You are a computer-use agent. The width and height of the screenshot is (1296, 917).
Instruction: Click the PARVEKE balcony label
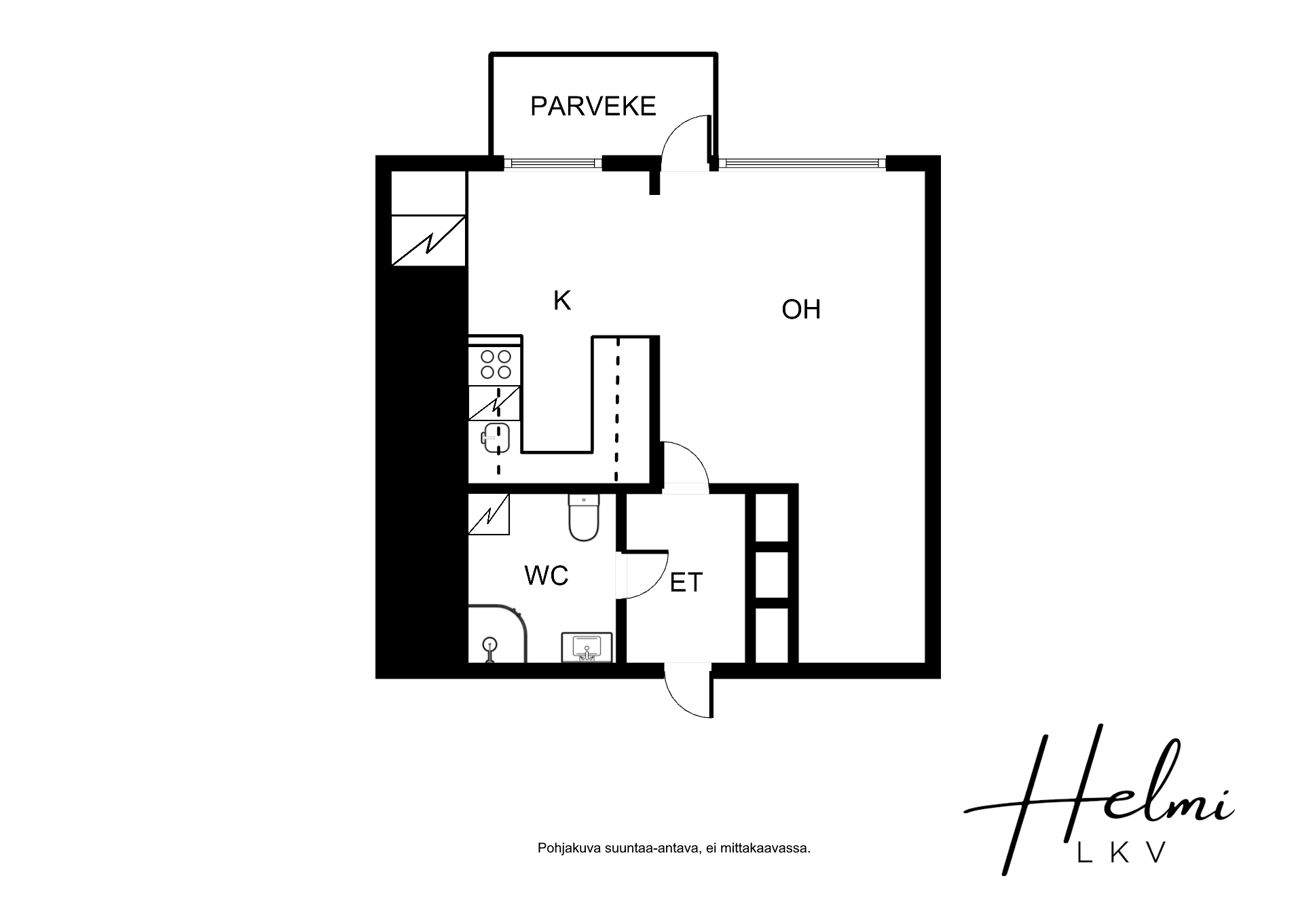point(593,106)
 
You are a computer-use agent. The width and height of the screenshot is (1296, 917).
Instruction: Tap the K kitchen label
point(562,300)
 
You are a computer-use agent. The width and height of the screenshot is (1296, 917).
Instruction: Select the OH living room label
point(801,310)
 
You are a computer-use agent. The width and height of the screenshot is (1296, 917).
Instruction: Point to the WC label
point(546,576)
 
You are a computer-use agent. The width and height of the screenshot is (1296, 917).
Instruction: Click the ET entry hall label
point(686,583)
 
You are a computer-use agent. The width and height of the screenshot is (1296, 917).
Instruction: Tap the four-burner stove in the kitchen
point(496,363)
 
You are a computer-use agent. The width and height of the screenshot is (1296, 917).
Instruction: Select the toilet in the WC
point(584,518)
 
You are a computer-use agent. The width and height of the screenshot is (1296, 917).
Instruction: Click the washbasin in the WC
point(587,647)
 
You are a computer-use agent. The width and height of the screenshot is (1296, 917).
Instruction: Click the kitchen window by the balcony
point(553,163)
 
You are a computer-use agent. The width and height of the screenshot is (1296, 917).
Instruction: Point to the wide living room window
point(803,163)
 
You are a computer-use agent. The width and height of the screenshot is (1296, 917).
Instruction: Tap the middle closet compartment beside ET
point(772,575)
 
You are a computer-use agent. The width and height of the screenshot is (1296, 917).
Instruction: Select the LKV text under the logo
point(1122,852)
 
